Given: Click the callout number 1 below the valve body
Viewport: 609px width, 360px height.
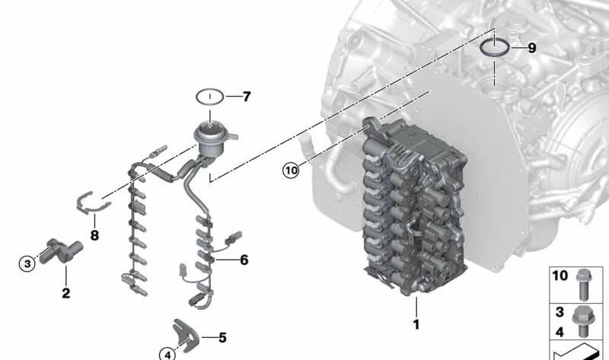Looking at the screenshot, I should pos(416,324).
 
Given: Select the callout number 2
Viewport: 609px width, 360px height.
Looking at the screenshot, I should pos(65,292).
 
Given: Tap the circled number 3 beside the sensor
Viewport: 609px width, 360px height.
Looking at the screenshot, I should pos(27,263).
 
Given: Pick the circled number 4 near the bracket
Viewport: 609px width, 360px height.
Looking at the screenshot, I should pos(167,352).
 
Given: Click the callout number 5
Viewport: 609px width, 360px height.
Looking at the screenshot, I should pos(222,336).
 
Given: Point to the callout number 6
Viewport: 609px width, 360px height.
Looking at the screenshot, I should pos(244,260).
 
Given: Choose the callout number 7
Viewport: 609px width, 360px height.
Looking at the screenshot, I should pos(245,97).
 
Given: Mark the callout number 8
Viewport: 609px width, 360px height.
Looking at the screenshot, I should pos(94,236).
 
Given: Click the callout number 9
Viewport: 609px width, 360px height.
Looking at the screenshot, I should pos(531,48).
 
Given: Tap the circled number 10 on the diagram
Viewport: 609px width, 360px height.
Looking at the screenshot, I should pos(291,170).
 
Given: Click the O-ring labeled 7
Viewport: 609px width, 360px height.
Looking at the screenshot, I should pos(209,97).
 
